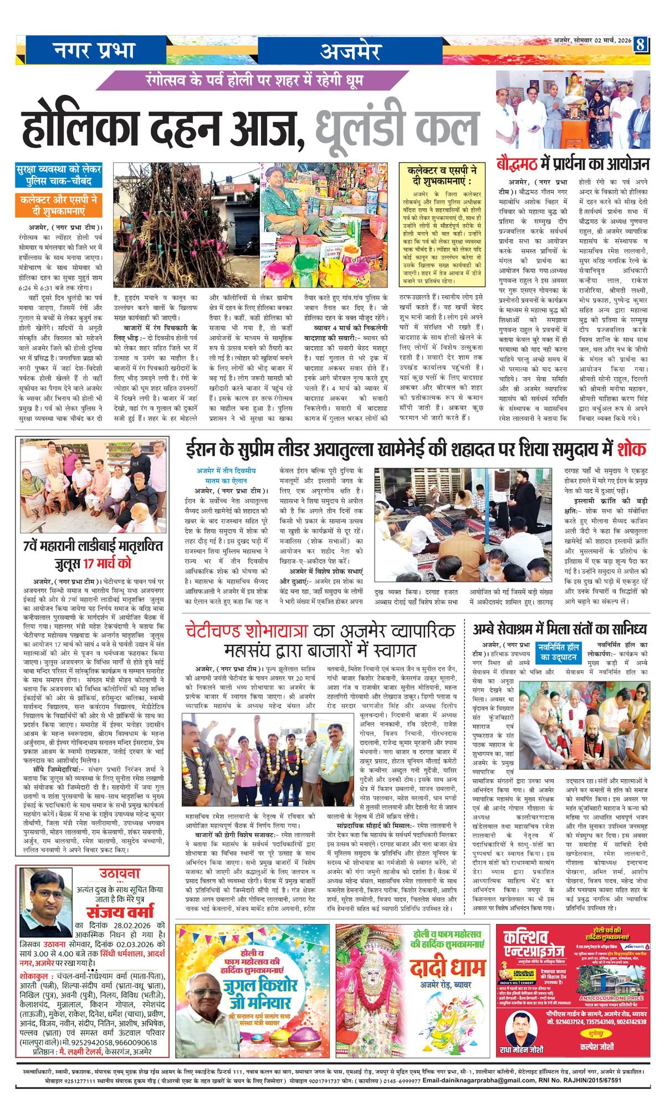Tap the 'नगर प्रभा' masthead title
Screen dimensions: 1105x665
tap(94, 50)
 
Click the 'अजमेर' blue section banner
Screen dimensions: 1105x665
tap(350, 51)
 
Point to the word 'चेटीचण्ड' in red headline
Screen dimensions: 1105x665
tap(234, 631)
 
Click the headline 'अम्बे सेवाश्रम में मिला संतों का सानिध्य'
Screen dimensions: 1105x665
tap(560, 629)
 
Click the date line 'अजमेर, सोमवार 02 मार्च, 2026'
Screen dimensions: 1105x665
tap(592, 40)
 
